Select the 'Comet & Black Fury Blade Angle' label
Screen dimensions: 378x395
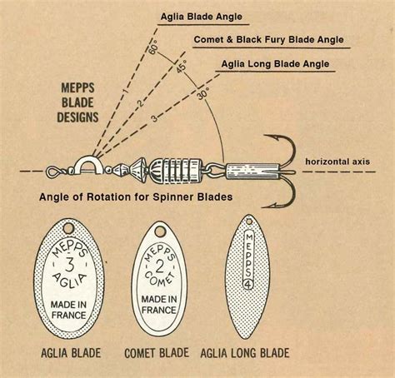pyautogui.click(x=268, y=39)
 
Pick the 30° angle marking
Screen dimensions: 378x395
pyautogui.click(x=202, y=93)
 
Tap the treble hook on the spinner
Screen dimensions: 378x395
pyautogui.click(x=280, y=171)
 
